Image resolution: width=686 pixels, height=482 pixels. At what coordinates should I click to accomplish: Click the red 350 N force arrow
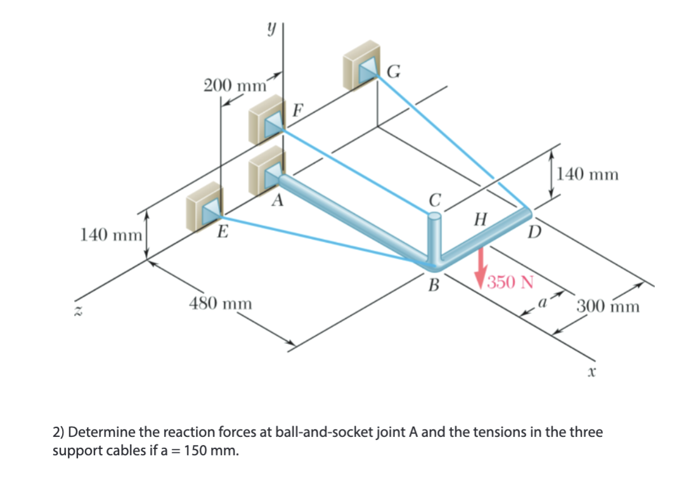(x=482, y=265)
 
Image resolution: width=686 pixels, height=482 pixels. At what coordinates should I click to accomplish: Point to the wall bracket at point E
(x=205, y=205)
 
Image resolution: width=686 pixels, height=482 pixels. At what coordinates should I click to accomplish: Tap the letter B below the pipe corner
(x=434, y=286)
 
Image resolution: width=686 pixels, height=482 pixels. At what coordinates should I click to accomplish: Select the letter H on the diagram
(x=481, y=220)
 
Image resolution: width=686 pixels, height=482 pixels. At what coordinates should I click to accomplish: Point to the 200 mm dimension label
(x=234, y=86)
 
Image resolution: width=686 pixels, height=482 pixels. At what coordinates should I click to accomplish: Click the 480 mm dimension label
(x=221, y=304)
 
